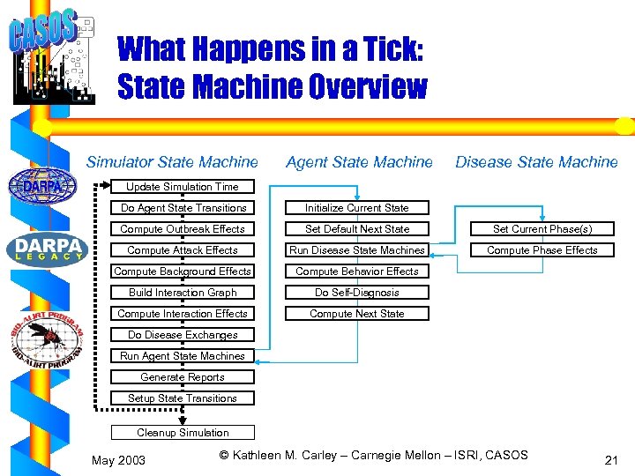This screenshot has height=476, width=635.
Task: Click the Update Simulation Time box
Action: pyautogui.click(x=183, y=187)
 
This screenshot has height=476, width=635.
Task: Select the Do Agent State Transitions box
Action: pyautogui.click(x=183, y=208)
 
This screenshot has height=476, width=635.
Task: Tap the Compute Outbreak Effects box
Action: pyautogui.click(x=183, y=229)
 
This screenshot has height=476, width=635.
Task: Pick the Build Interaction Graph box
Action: pyautogui.click(x=183, y=293)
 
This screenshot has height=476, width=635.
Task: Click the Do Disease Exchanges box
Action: pyautogui.click(x=183, y=335)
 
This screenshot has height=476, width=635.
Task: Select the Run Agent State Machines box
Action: pyautogui.click(x=183, y=356)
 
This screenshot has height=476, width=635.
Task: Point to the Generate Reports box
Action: pyautogui.click(x=183, y=377)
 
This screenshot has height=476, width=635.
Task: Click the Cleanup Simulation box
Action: pyautogui.click(x=183, y=433)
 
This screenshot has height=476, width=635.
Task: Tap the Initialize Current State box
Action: pyautogui.click(x=357, y=208)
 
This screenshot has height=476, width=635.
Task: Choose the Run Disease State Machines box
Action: pyautogui.click(x=357, y=250)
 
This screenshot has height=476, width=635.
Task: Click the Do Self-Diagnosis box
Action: pyautogui.click(x=357, y=293)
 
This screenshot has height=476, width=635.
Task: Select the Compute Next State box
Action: pyautogui.click(x=357, y=314)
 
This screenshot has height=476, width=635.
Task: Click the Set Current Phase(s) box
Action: pyautogui.click(x=542, y=229)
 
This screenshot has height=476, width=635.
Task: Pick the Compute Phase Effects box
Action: pyautogui.click(x=542, y=250)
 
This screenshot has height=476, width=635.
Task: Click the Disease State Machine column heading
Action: pyautogui.click(x=536, y=162)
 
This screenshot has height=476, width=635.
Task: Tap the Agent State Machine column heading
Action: pyautogui.click(x=360, y=162)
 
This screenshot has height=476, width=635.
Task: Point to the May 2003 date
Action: pyautogui.click(x=119, y=460)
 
